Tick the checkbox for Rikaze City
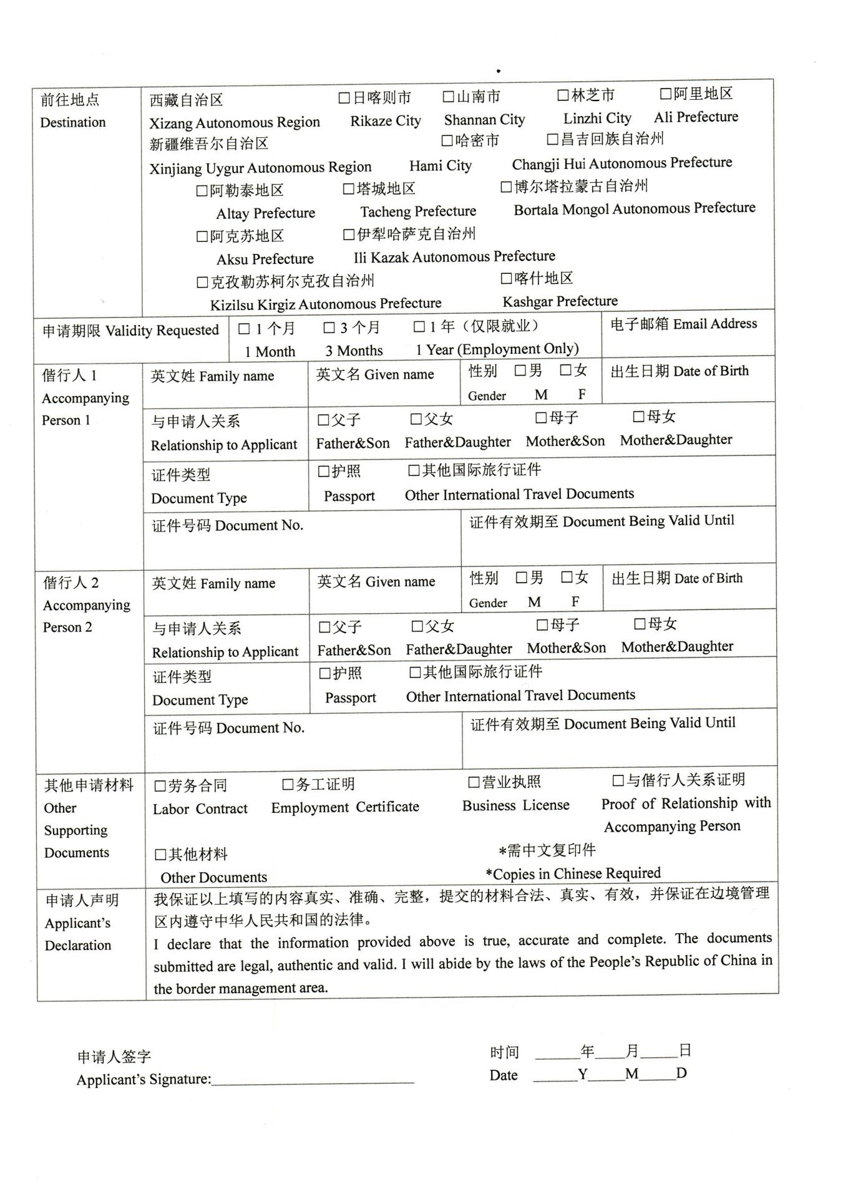(344, 98)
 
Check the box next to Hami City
(447, 141)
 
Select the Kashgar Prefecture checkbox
(506, 278)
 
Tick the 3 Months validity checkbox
(329, 328)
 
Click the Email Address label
(684, 324)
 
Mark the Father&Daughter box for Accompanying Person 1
(416, 419)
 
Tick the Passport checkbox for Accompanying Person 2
(324, 674)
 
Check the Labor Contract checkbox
(160, 786)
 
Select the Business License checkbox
(474, 783)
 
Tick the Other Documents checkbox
(160, 855)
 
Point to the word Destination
(73, 122)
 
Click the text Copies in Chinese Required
(573, 873)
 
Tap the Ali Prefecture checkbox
(666, 94)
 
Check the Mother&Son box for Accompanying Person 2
(542, 624)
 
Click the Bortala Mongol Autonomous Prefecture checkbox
(506, 187)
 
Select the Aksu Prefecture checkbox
(202, 236)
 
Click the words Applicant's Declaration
(78, 923)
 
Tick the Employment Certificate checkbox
(288, 785)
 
